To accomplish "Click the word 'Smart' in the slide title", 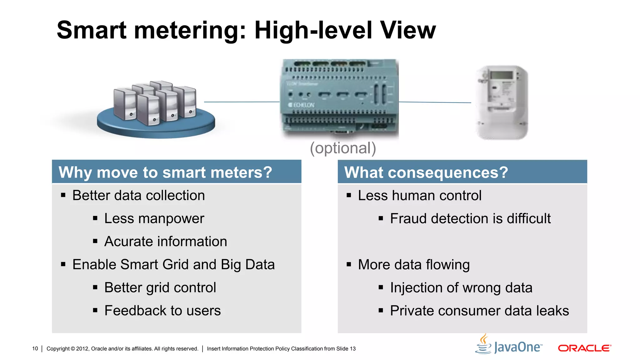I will coord(92,30).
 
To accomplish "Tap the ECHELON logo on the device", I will coord(301,105).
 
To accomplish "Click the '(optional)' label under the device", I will coord(343,148).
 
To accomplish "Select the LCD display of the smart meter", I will coord(501,75).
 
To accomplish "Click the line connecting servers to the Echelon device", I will coord(242,102).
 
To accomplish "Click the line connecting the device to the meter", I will coord(435,102).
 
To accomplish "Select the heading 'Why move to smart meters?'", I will coord(165,172).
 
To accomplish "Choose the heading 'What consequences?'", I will coord(426,172).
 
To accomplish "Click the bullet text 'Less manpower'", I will coord(154,218).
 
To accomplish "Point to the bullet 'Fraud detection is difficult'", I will coord(470,218).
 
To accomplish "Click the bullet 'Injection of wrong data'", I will coord(461,288).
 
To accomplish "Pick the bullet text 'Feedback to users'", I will coord(162,311).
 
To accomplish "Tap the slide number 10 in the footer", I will coord(35,348).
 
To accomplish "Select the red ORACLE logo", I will coord(584,348).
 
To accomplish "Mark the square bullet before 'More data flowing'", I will coord(349,265).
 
